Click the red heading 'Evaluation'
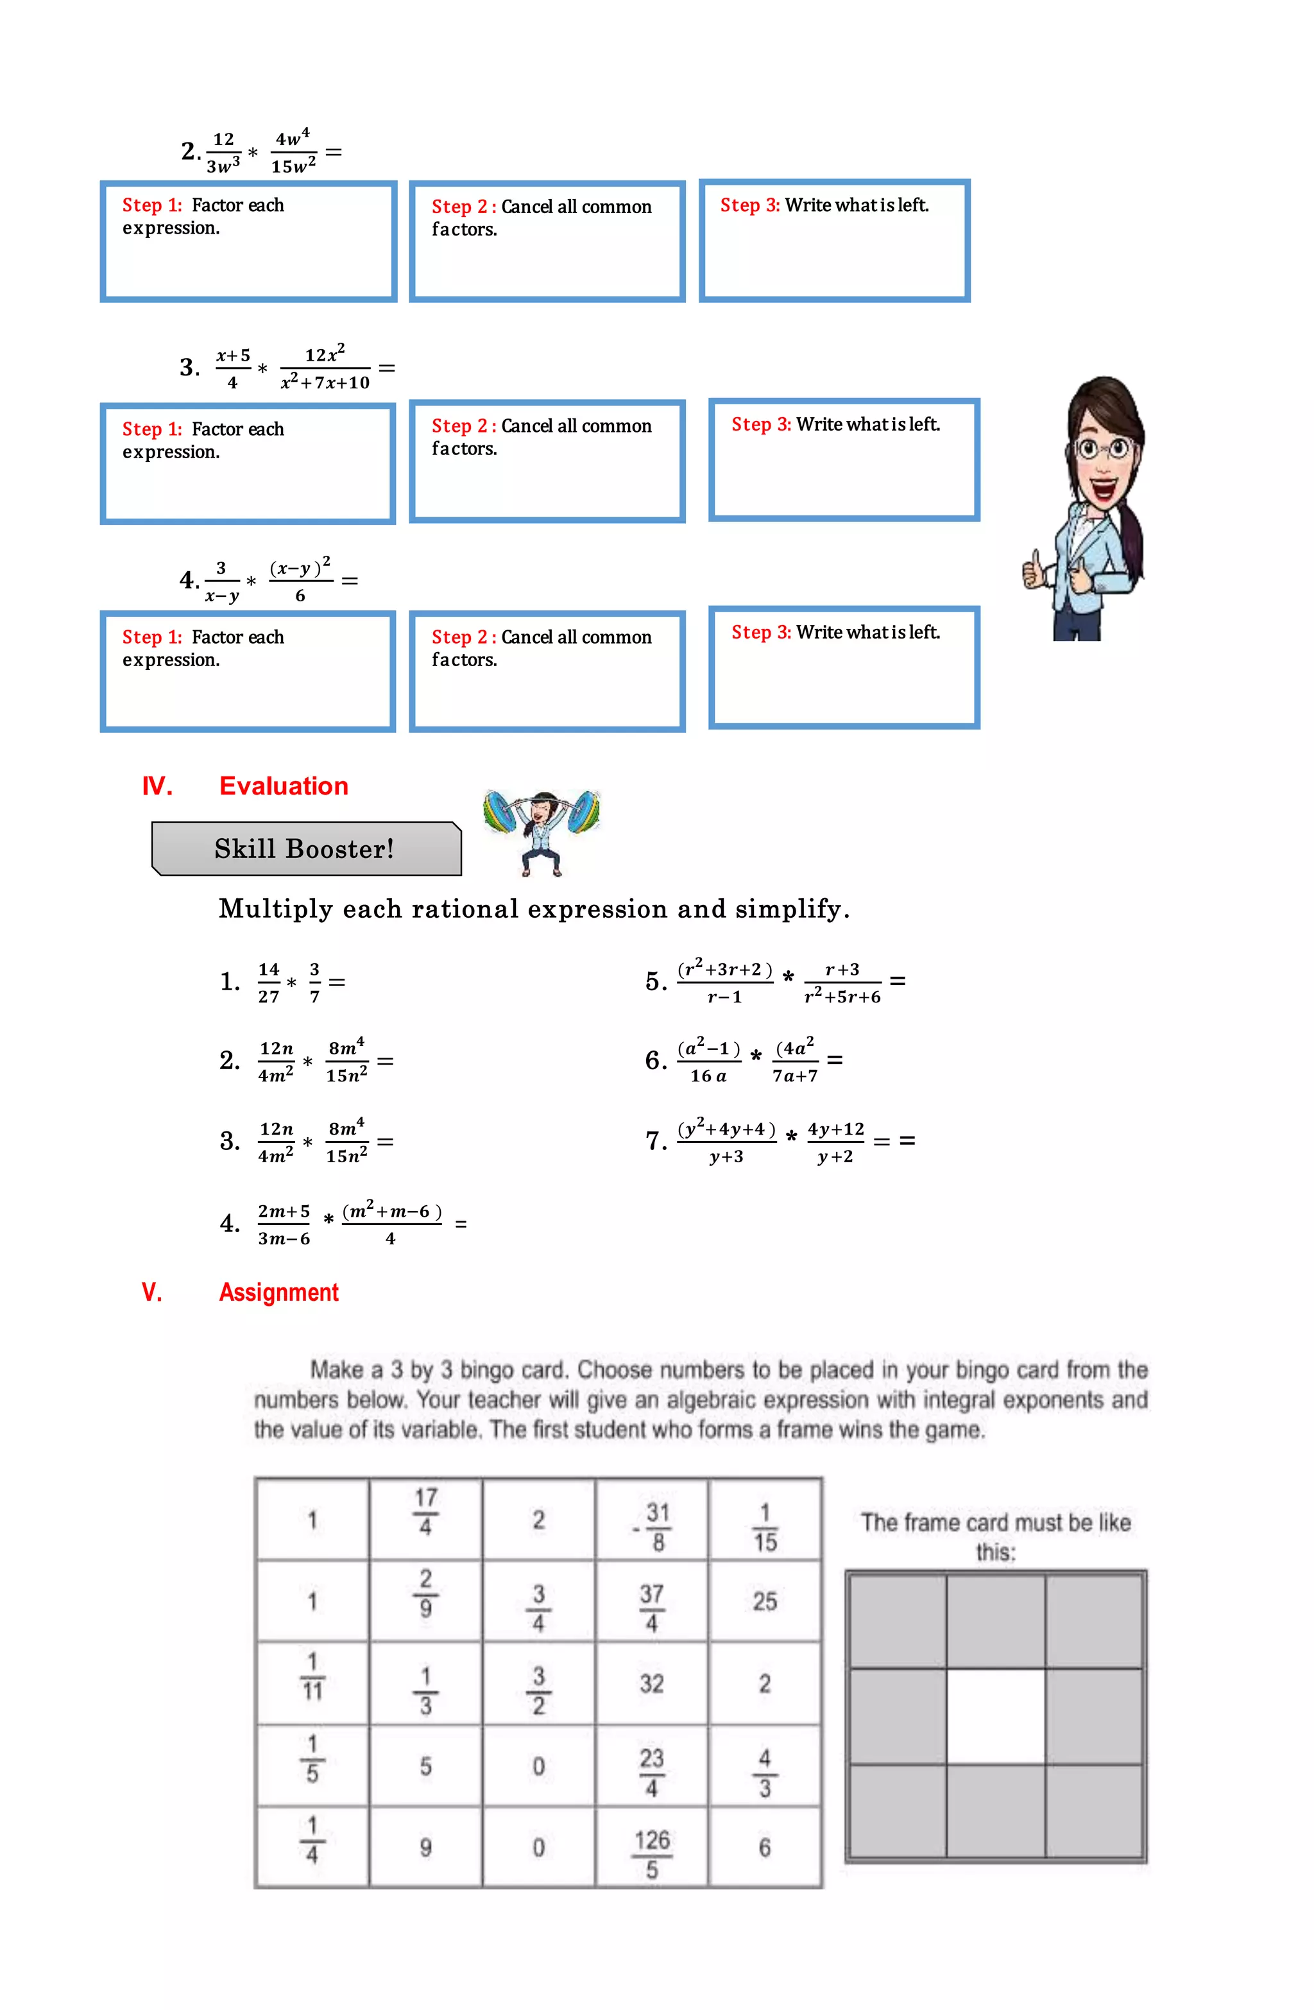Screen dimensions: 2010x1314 [284, 786]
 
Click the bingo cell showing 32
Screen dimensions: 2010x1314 [652, 1684]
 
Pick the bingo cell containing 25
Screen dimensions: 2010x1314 [765, 1601]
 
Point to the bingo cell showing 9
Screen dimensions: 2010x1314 [425, 1848]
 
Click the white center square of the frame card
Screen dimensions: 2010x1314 [996, 1716]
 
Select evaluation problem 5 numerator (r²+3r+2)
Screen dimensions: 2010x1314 [724, 970]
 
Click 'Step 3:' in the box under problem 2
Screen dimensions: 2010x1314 [749, 205]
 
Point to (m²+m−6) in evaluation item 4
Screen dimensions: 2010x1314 [391, 1212]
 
